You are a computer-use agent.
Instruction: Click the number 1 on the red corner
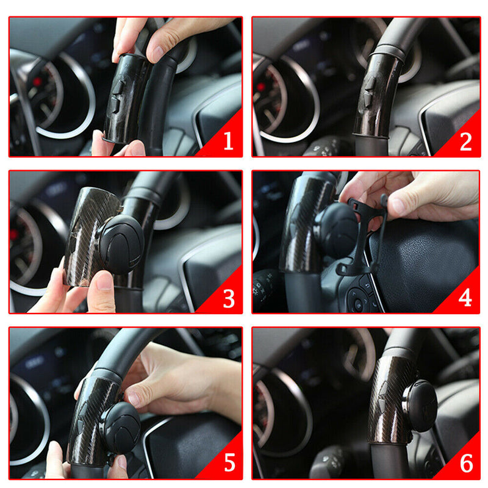(228, 142)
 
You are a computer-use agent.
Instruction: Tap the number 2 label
(465, 142)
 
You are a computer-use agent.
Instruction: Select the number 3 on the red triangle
(228, 298)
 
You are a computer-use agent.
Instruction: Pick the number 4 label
(465, 298)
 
